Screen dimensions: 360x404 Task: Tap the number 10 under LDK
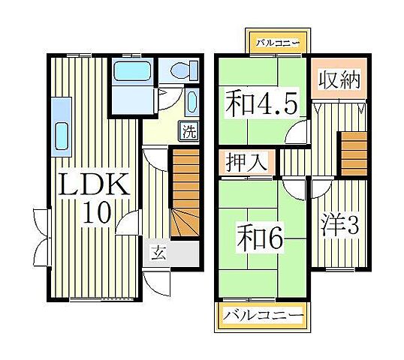pos(98,213)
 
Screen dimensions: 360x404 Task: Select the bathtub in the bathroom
pos(132,72)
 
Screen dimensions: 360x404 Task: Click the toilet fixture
pos(181,71)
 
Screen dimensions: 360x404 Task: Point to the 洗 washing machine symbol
pos(190,132)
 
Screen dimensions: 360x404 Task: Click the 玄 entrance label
pos(158,253)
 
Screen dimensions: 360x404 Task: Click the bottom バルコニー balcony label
pos(262,315)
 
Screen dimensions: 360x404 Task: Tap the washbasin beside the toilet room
pos(190,102)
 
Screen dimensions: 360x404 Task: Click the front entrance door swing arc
pos(157,283)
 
